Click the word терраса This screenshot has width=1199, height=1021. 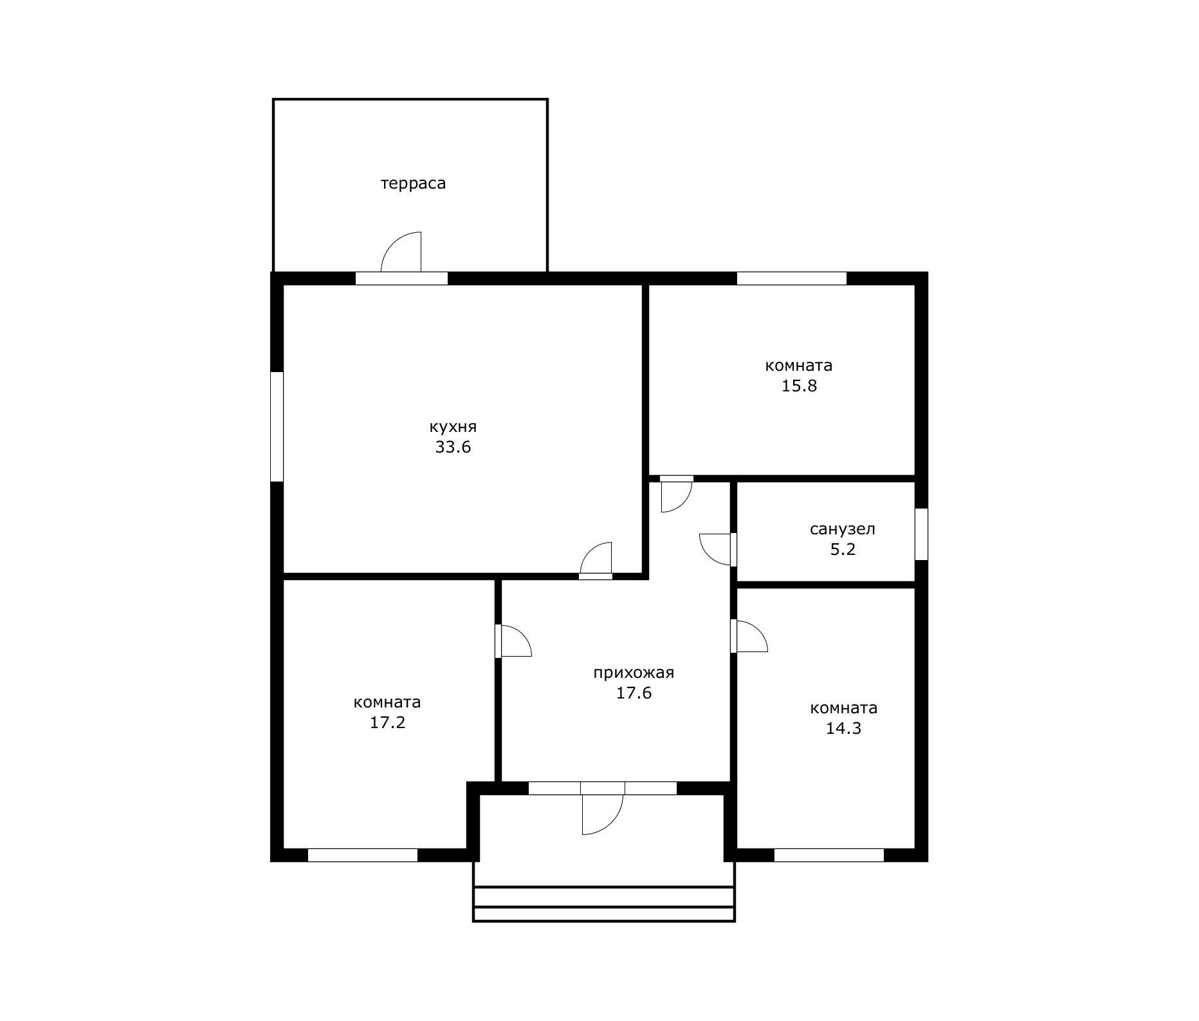(x=413, y=183)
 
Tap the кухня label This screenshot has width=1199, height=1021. (x=453, y=427)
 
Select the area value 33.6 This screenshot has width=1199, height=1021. (x=453, y=447)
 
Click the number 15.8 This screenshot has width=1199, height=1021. (x=799, y=386)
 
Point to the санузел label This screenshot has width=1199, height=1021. (x=843, y=529)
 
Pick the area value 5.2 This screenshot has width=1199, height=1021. (x=843, y=550)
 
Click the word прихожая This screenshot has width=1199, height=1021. (x=634, y=673)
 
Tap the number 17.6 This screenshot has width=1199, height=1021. (x=634, y=693)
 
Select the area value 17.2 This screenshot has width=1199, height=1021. (x=387, y=722)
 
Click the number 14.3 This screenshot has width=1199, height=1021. (x=843, y=728)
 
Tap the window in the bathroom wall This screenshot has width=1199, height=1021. (x=921, y=534)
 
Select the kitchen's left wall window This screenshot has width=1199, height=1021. (x=277, y=426)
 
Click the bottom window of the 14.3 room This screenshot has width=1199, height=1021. (x=828, y=856)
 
